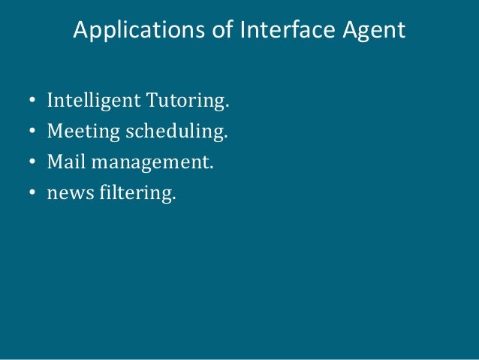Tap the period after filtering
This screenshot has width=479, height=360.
pyautogui.click(x=173, y=198)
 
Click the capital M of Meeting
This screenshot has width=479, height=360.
pyautogui.click(x=55, y=132)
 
